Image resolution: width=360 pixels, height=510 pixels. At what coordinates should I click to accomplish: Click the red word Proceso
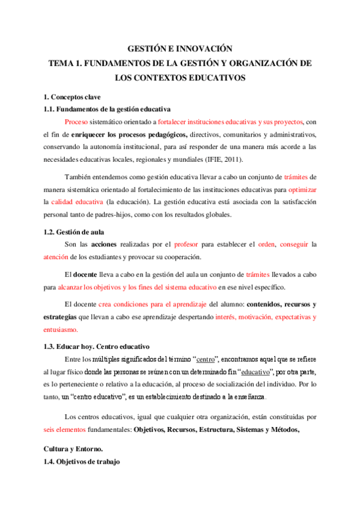76,121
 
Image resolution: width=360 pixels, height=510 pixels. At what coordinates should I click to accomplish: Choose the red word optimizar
302,189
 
